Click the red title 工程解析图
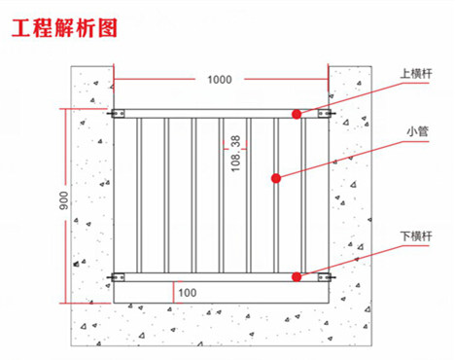point(64,28)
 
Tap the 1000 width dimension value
point(220,80)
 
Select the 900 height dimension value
point(64,200)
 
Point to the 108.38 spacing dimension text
point(236,154)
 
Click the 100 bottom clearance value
point(188,293)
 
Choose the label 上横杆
point(416,74)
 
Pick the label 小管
point(418,131)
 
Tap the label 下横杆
point(416,236)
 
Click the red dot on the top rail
point(297,114)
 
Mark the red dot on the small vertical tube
point(276,178)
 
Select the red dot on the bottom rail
point(297,277)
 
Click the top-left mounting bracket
point(117,114)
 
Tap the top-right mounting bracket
point(326,114)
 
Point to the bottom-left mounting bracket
point(117,277)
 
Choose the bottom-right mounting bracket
point(326,277)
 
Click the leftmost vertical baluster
point(139,196)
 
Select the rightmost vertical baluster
point(303,196)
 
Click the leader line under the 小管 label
point(352,159)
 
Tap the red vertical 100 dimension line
point(174,292)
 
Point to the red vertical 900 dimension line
point(65,206)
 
